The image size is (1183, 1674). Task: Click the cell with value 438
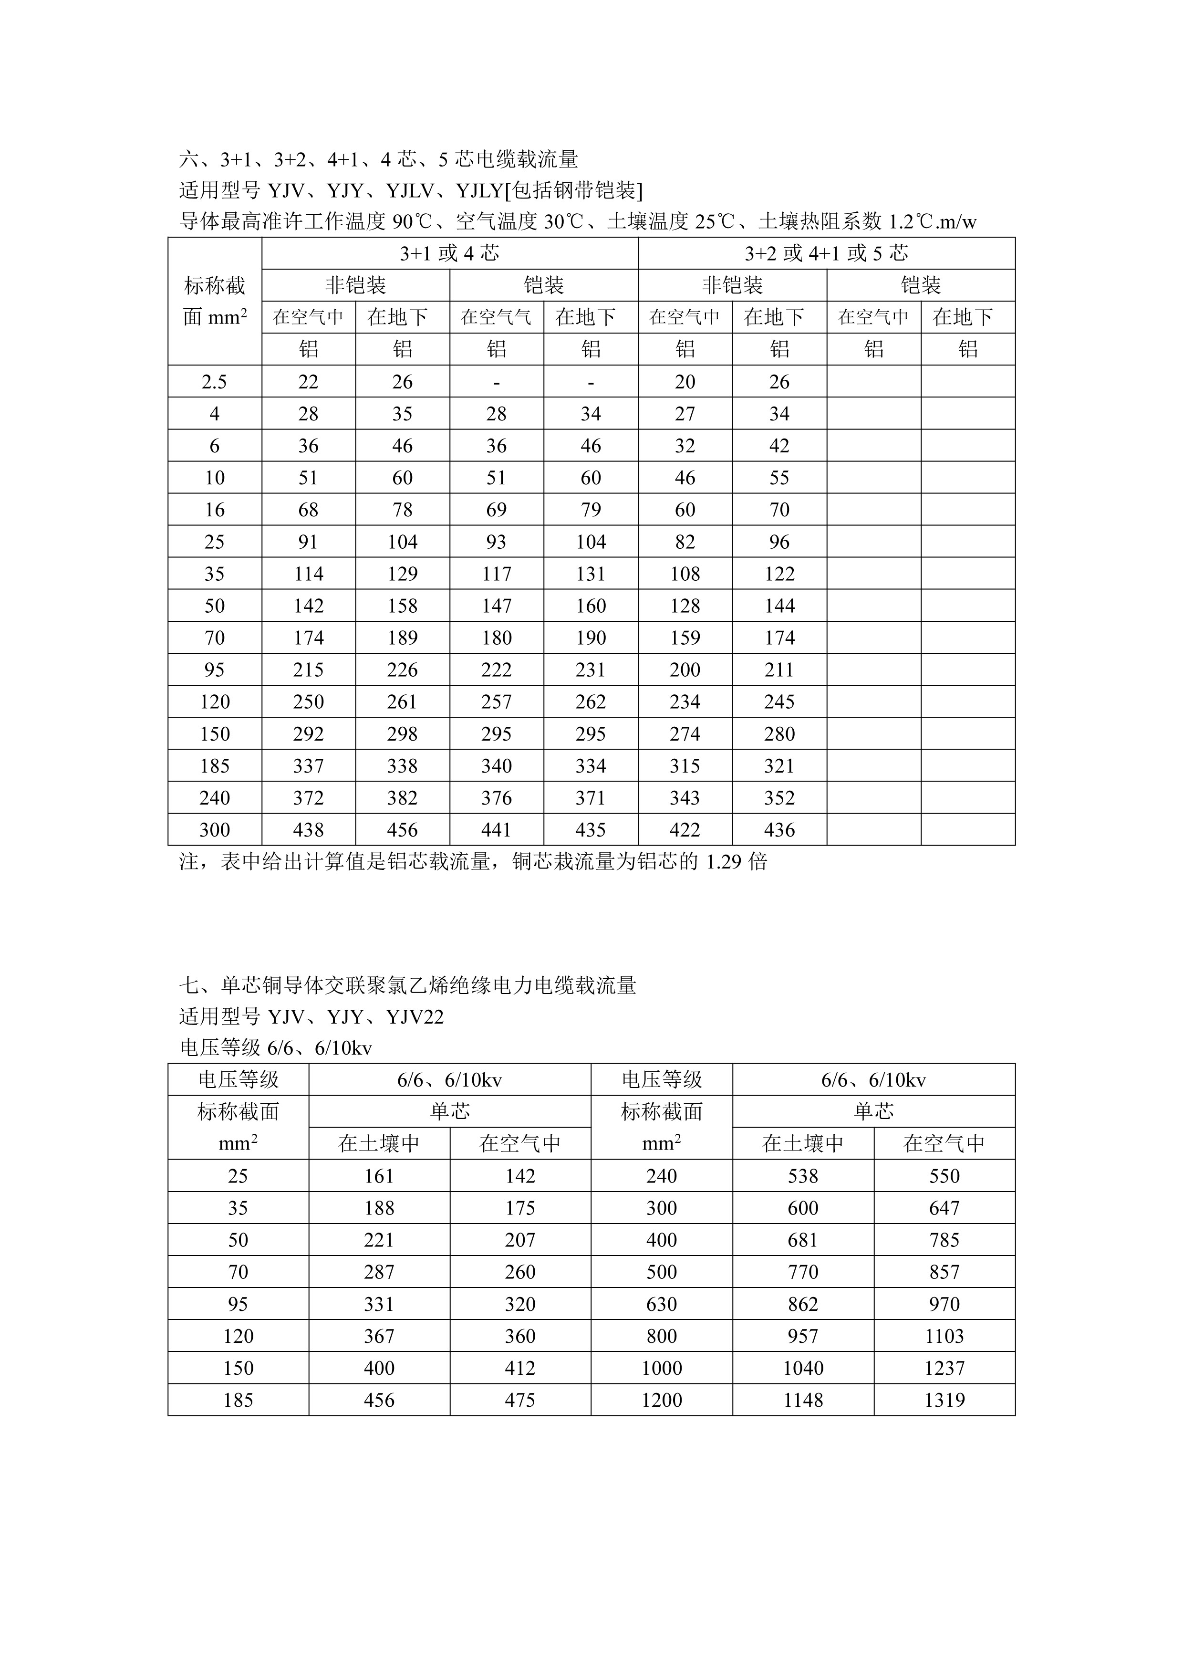pyautogui.click(x=308, y=830)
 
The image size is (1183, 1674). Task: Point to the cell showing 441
pyautogui.click(x=497, y=830)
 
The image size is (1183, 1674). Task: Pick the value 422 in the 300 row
pyautogui.click(x=685, y=830)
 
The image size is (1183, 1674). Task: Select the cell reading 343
pyautogui.click(x=685, y=797)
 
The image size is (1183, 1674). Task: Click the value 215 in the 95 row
pyautogui.click(x=308, y=670)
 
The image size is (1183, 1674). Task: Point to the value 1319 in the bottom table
pyautogui.click(x=944, y=1400)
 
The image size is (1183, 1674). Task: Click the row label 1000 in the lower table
pyautogui.click(x=662, y=1368)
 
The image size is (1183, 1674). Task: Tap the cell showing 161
pyautogui.click(x=379, y=1176)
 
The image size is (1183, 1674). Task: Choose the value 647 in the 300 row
pyautogui.click(x=944, y=1208)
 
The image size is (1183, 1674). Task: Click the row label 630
pyautogui.click(x=662, y=1304)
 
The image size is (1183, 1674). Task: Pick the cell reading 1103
pyautogui.click(x=944, y=1336)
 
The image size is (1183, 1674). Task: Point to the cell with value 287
pyautogui.click(x=379, y=1272)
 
